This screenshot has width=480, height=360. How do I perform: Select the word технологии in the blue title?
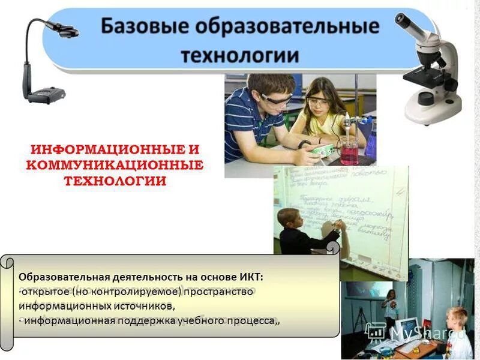tap(240, 55)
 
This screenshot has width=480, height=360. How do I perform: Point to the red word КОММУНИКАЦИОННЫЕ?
tap(115, 164)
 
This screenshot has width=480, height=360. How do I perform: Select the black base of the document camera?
tap(44, 94)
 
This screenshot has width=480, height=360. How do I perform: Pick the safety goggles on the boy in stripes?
tap(276, 99)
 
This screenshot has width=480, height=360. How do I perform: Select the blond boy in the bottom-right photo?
tap(458, 330)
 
